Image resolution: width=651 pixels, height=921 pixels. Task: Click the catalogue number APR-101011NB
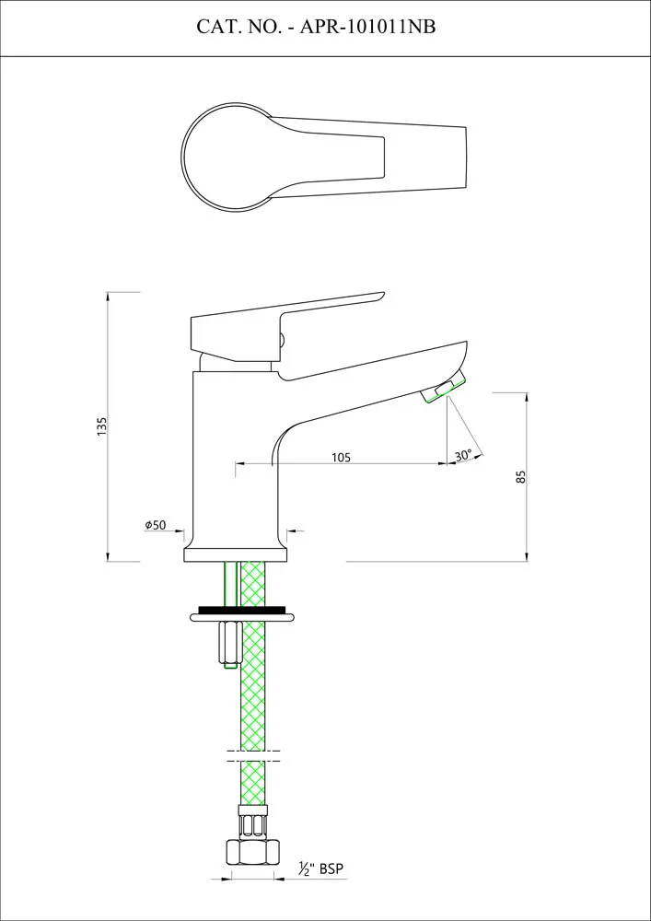click(368, 28)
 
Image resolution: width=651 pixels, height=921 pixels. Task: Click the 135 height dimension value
click(102, 426)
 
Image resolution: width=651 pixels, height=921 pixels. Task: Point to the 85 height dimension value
click(520, 477)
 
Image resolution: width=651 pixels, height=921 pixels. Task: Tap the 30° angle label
click(463, 455)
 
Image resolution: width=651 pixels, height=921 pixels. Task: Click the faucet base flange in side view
click(236, 553)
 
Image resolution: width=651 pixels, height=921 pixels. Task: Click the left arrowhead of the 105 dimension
click(238, 464)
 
